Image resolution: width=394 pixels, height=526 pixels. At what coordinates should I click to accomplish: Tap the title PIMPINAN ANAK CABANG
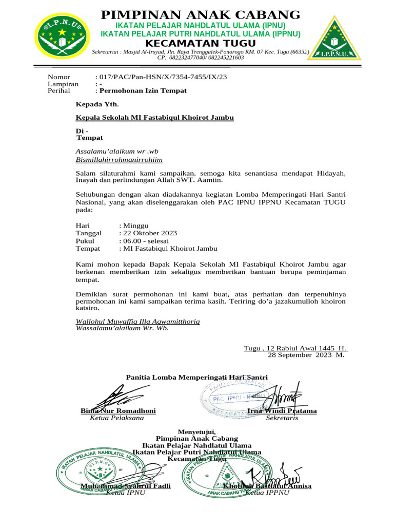(201, 15)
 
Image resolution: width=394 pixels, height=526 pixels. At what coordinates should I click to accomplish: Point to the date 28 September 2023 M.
(306, 354)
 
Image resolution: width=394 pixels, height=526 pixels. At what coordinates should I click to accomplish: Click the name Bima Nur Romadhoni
(118, 411)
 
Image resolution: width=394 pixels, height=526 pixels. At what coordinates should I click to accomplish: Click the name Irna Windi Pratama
(282, 411)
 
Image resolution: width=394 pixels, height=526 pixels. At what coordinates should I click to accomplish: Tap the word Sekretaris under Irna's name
(282, 418)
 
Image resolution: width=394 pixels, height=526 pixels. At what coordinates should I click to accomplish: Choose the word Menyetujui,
(197, 430)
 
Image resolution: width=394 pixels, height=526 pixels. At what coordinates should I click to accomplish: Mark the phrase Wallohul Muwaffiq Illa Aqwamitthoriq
(137, 321)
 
